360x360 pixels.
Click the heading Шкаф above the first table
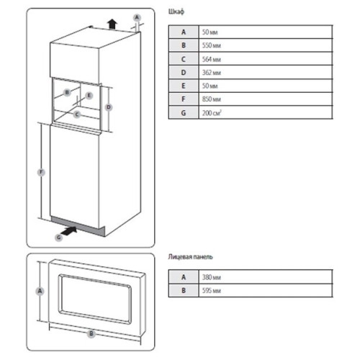(x=176, y=12)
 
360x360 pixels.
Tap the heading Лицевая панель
(x=190, y=257)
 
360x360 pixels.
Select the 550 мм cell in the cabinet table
(x=266, y=45)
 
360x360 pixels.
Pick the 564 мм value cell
(x=266, y=59)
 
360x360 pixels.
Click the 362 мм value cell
(x=266, y=72)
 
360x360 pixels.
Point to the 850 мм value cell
(x=266, y=99)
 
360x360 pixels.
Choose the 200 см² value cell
(x=266, y=112)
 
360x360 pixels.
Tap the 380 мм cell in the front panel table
(x=266, y=277)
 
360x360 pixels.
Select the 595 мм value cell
(x=266, y=291)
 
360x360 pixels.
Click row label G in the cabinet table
(x=184, y=112)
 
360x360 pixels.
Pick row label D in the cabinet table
(x=184, y=72)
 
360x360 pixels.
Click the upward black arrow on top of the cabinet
(x=112, y=24)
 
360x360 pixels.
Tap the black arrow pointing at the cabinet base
(x=69, y=231)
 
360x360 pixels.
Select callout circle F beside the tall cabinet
(x=41, y=172)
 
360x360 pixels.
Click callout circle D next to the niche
(x=109, y=107)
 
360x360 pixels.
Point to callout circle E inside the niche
(x=89, y=96)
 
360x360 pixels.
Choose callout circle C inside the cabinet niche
(x=77, y=114)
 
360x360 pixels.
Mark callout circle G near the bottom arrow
(x=59, y=238)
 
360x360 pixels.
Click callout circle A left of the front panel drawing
(x=40, y=291)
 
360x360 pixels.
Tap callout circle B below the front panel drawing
(x=91, y=333)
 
